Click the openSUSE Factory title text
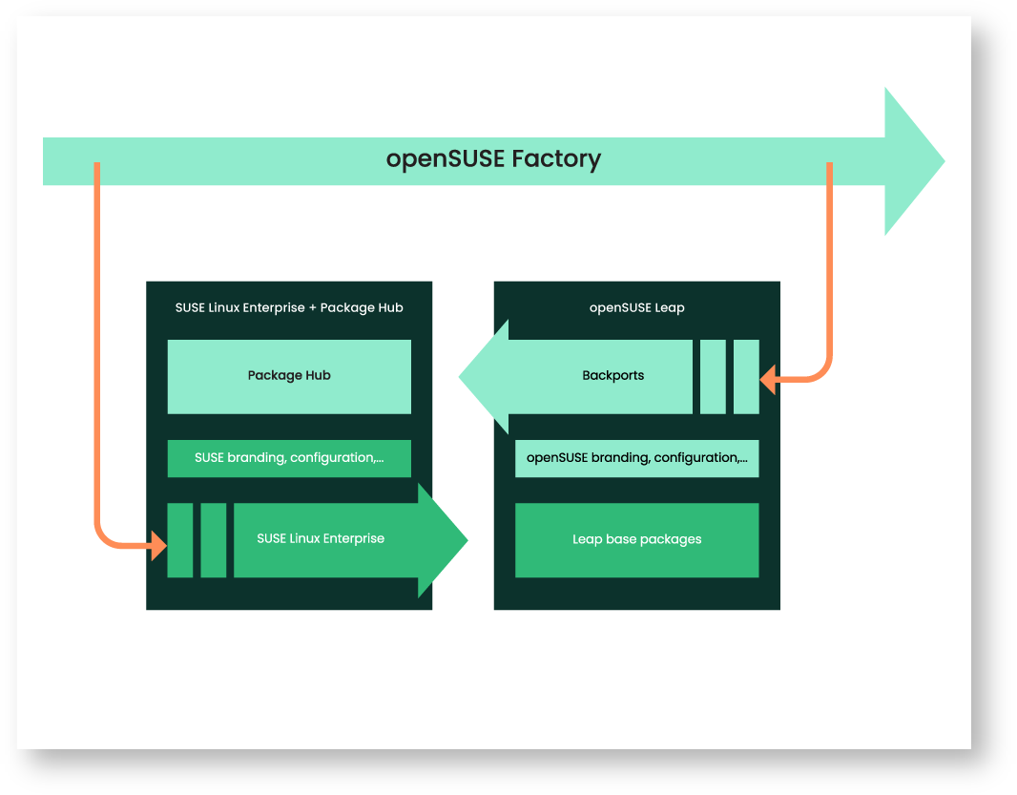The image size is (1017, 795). [493, 158]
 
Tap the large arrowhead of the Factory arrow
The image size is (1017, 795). [911, 161]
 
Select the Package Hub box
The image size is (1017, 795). [289, 376]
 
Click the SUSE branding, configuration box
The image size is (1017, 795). [289, 458]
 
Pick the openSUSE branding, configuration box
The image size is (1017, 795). [636, 458]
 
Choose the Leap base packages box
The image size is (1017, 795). [636, 540]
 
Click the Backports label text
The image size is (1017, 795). [612, 376]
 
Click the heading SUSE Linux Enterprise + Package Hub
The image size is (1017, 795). [289, 308]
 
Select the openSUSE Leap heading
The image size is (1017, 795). [636, 308]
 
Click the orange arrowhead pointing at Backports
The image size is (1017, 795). [767, 381]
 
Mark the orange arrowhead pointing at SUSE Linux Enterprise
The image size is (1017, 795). [159, 547]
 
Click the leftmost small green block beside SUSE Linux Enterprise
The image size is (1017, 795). [180, 540]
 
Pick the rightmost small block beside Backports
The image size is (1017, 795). [746, 376]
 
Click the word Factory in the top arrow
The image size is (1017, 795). [556, 158]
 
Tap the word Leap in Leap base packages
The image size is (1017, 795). [587, 540]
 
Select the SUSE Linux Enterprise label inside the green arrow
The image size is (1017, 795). [321, 539]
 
